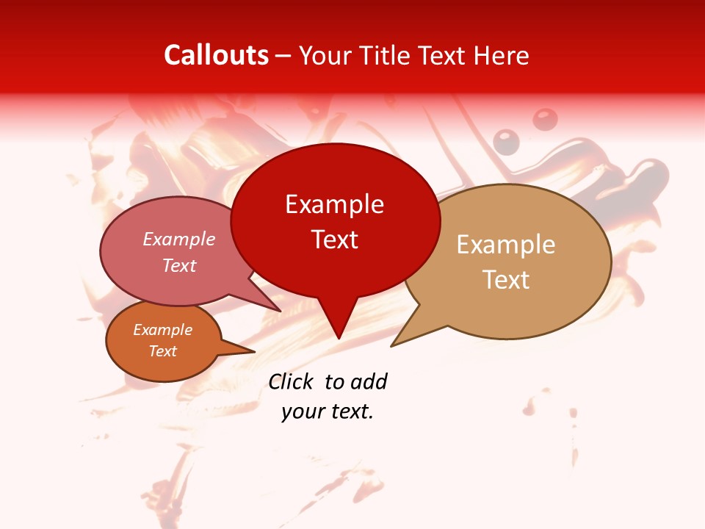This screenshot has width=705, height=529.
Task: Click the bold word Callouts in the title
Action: pyautogui.click(x=216, y=55)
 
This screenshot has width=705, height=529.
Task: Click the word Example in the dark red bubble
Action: pyautogui.click(x=334, y=204)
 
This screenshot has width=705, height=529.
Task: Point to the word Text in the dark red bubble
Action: pyautogui.click(x=334, y=240)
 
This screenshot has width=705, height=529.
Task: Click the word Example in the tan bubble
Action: pyautogui.click(x=506, y=245)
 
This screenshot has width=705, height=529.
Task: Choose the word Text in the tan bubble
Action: pyautogui.click(x=506, y=280)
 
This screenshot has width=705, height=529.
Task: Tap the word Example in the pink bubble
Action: pyautogui.click(x=179, y=239)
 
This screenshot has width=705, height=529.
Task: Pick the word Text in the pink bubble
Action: pyautogui.click(x=179, y=265)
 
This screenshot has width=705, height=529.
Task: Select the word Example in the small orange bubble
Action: pyautogui.click(x=162, y=330)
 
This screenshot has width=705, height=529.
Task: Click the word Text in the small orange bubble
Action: pyautogui.click(x=162, y=351)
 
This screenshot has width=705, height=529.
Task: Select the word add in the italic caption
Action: pyautogui.click(x=369, y=381)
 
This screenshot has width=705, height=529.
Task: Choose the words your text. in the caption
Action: pyautogui.click(x=328, y=411)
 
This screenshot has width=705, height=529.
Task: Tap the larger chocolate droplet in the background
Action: pyautogui.click(x=544, y=119)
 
